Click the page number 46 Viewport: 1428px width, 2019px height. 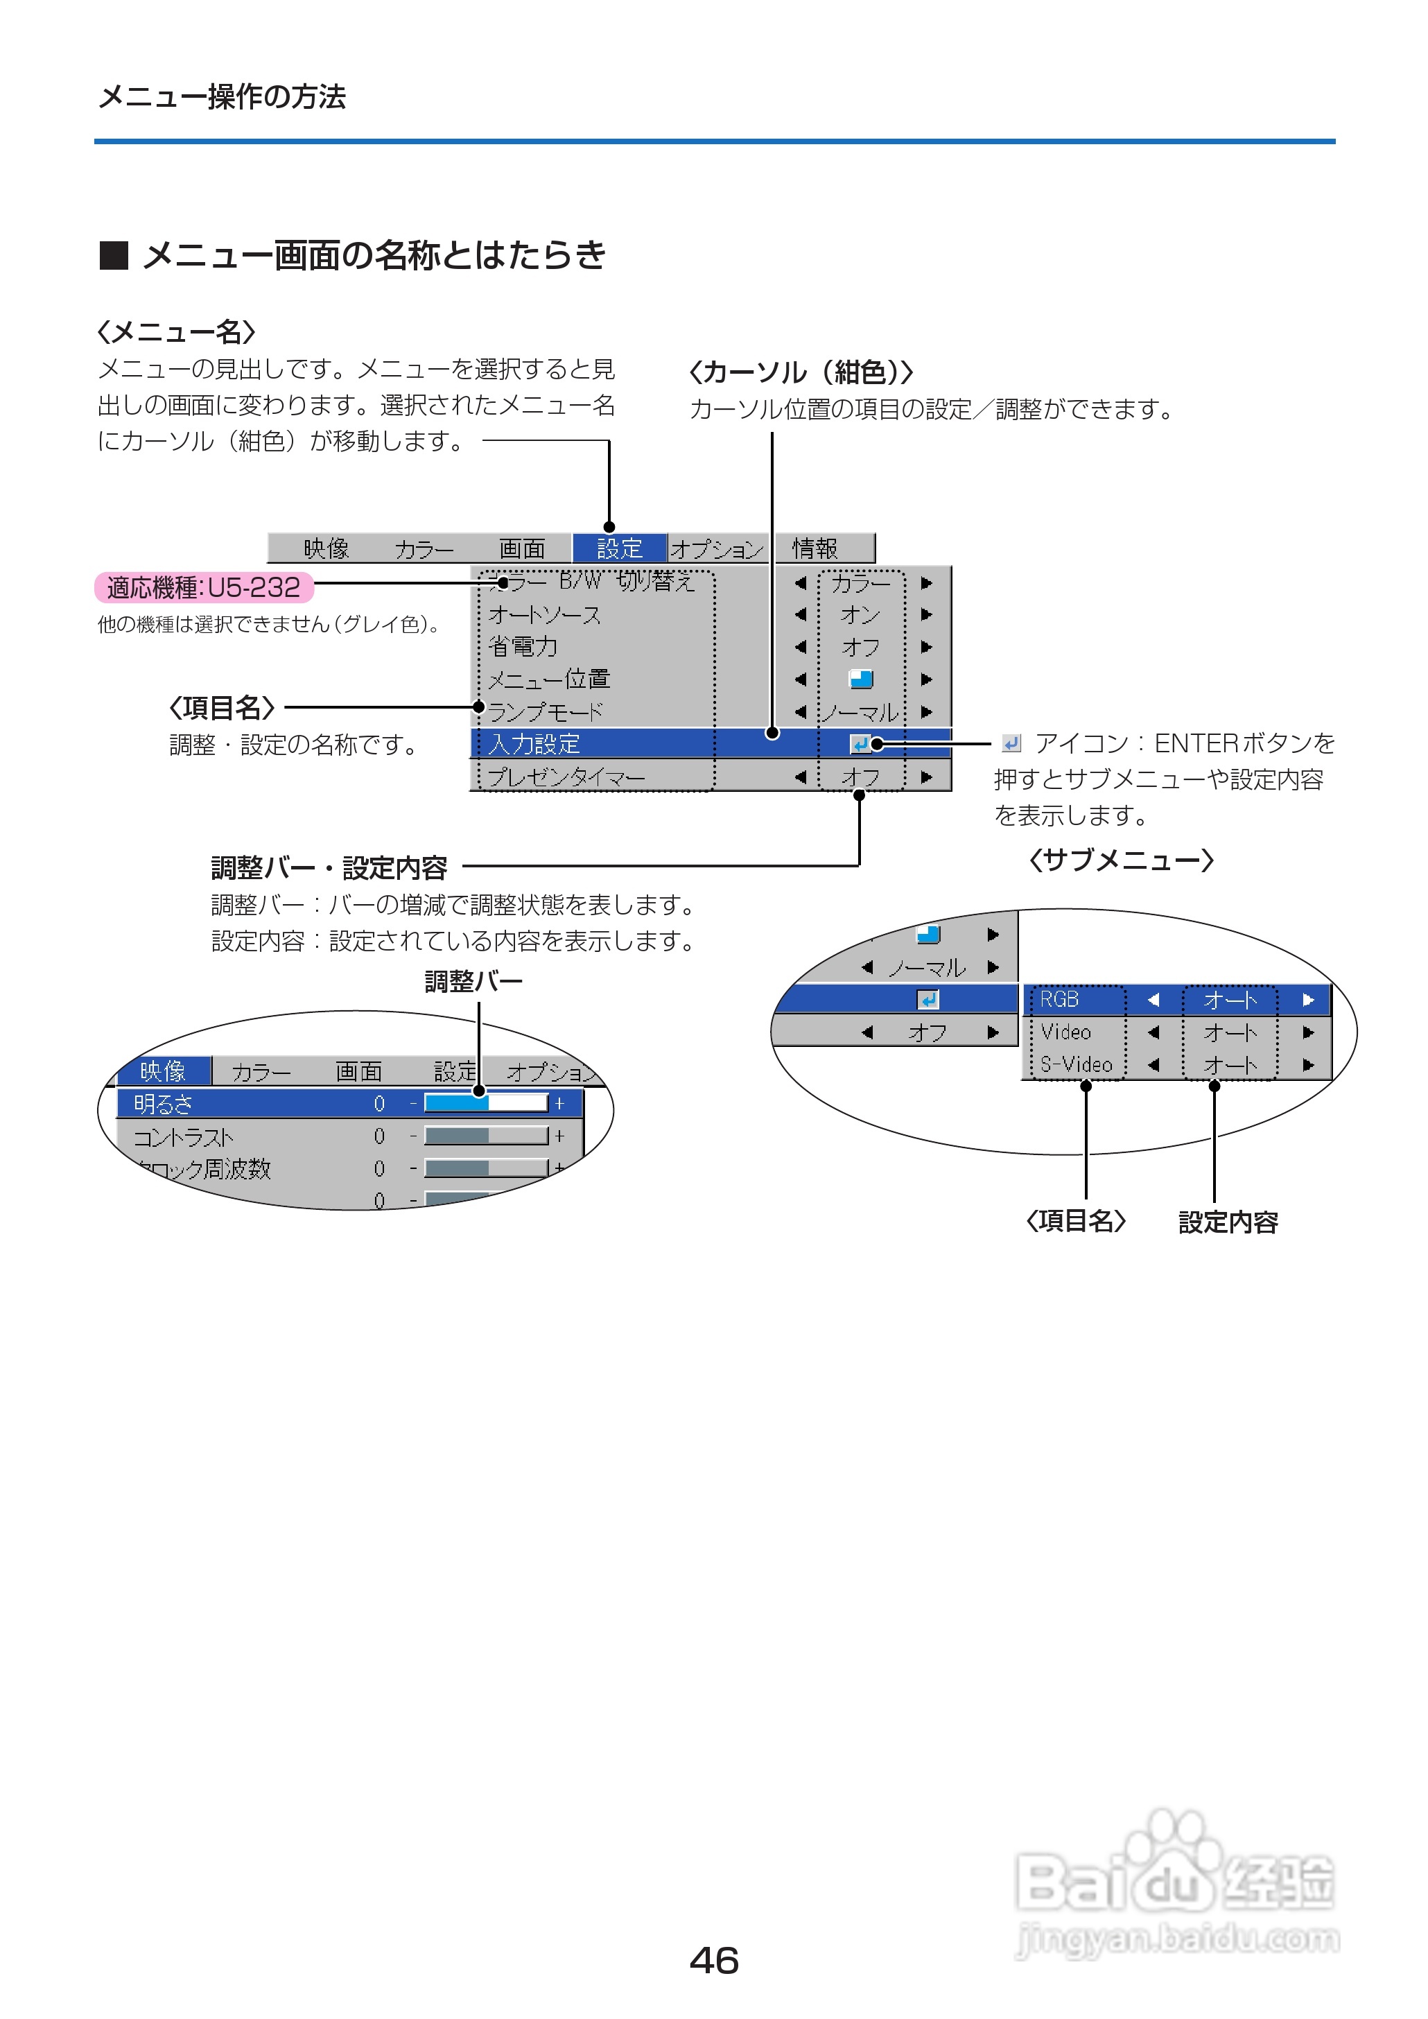click(x=713, y=1960)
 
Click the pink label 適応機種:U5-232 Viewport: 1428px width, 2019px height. click(x=203, y=587)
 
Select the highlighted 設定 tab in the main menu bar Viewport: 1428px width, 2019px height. click(x=619, y=548)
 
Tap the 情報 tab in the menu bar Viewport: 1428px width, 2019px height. click(x=815, y=548)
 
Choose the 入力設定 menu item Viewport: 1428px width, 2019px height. click(x=534, y=744)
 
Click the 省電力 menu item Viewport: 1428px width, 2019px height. click(x=523, y=646)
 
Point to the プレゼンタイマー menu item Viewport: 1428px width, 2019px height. click(x=566, y=777)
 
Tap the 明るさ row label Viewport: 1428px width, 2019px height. click(x=163, y=1104)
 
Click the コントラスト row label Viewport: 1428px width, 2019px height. click(x=183, y=1137)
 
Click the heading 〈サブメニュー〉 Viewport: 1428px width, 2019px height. click(x=1121, y=860)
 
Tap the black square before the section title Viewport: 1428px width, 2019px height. click(x=114, y=256)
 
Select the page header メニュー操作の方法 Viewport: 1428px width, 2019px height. click(x=222, y=97)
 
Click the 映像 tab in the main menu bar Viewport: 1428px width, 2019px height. click(x=326, y=548)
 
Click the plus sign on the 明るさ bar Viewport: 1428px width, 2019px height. click(x=559, y=1104)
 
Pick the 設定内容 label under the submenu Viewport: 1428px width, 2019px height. click(x=1228, y=1222)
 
